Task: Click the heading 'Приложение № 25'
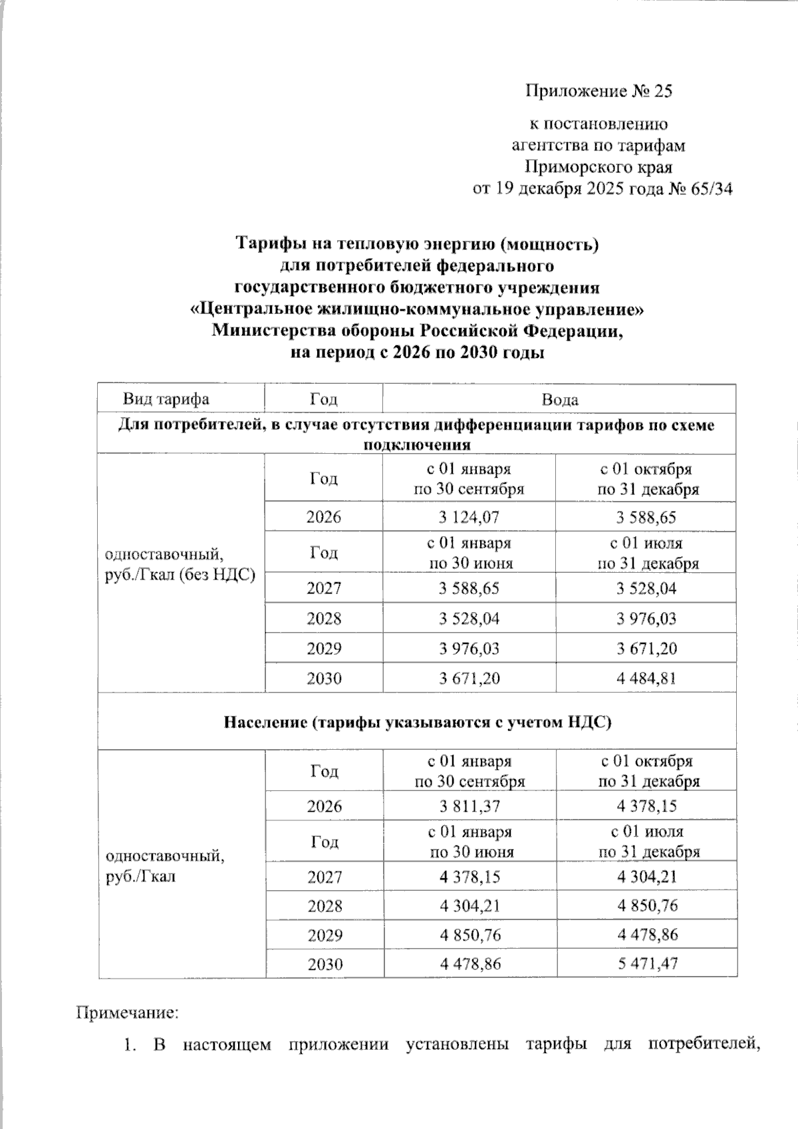(598, 91)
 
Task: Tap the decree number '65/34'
(710, 189)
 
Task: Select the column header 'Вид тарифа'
(166, 399)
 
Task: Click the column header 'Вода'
(559, 400)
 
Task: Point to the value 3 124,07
(469, 517)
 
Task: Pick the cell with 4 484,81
(646, 679)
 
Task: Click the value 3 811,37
(469, 807)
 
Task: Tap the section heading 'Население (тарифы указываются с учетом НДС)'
(417, 722)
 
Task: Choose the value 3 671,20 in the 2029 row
(646, 649)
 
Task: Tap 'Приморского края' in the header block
(598, 167)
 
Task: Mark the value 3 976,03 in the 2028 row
(646, 619)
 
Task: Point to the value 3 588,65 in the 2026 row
(646, 517)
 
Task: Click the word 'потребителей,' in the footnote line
(704, 1045)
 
